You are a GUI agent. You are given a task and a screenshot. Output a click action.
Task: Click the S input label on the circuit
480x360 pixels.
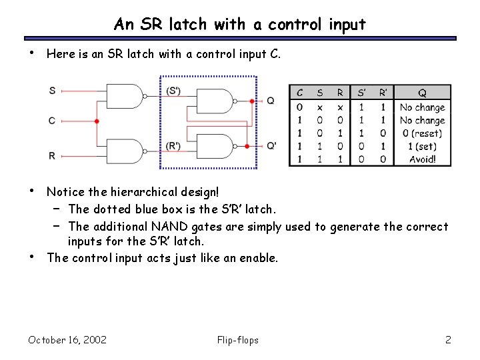tap(52, 90)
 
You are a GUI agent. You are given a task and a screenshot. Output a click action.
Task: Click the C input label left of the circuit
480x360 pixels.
tap(52, 121)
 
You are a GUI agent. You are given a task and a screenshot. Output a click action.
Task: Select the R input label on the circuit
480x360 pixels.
tap(52, 155)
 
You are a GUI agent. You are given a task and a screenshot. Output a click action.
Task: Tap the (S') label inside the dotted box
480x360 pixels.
tap(174, 91)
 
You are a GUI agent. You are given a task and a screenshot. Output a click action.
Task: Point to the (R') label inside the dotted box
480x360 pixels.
tap(174, 146)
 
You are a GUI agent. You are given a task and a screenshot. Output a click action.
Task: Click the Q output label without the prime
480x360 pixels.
tap(270, 101)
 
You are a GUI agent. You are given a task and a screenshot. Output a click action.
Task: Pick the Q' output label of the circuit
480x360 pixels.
tap(271, 145)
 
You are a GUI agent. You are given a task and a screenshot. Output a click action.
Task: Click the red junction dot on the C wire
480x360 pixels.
tap(97, 121)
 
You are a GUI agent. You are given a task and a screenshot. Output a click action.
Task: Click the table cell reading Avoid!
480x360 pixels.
tap(422, 159)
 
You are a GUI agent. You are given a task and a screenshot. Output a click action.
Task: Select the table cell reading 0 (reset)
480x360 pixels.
tap(422, 133)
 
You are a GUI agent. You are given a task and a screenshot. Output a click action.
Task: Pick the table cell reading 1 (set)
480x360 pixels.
tap(422, 147)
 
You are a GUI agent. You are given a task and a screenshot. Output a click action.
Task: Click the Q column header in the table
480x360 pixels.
tap(422, 93)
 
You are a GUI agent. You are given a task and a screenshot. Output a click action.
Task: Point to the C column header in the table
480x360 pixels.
tap(300, 93)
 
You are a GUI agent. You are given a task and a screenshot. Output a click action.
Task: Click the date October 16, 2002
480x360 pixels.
tap(67, 340)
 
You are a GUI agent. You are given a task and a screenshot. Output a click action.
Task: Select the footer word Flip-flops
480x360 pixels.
tap(238, 340)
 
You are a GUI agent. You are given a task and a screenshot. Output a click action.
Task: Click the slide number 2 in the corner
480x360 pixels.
tap(448, 340)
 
